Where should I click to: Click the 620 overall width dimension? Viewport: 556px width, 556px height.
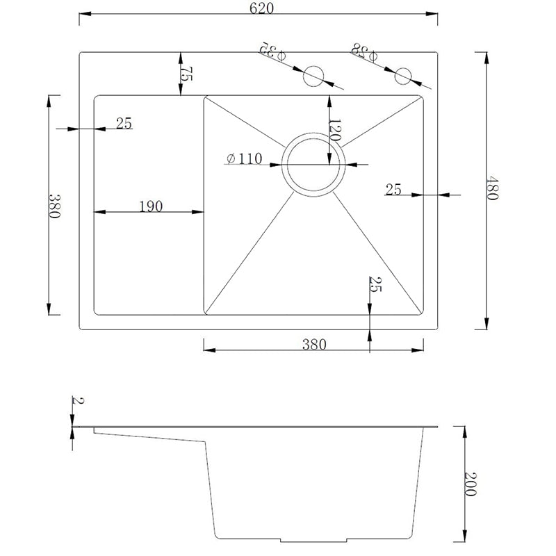(x=261, y=8)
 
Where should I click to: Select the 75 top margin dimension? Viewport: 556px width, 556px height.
(x=186, y=74)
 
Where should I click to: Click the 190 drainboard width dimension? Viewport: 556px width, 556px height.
(x=151, y=206)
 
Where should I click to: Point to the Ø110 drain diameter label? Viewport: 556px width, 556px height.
(x=245, y=158)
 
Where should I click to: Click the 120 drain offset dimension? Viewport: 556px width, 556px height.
(x=335, y=131)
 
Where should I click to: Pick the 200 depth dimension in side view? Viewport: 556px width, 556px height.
(x=471, y=484)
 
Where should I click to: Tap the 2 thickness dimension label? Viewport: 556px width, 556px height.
(x=78, y=401)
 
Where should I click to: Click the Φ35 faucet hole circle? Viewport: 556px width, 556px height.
(x=313, y=76)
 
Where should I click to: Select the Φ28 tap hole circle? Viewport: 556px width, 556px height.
(x=403, y=76)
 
